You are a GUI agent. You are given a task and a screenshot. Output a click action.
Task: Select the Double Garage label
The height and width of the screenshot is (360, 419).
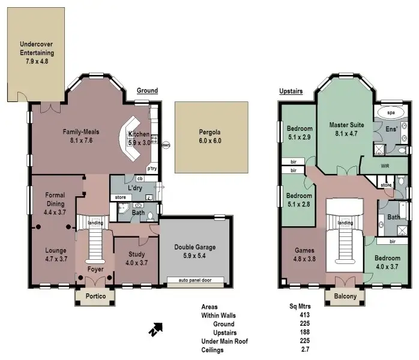click(x=194, y=251)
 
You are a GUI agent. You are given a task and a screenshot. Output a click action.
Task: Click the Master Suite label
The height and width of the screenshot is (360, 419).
click(x=344, y=130)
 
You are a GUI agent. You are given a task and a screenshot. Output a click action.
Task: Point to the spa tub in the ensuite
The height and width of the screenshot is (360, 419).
click(x=391, y=112)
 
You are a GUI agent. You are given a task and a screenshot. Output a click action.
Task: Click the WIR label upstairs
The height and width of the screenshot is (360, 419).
click(x=385, y=165)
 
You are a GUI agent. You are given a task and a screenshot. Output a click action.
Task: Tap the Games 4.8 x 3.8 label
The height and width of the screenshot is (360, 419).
click(x=304, y=254)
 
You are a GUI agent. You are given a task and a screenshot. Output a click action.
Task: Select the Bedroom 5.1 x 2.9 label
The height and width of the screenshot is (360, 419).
click(x=300, y=133)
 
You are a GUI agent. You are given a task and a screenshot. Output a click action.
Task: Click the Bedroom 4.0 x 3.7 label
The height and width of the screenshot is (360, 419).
click(x=387, y=262)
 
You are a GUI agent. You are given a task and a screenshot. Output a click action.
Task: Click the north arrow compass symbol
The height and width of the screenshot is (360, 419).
click(x=156, y=328)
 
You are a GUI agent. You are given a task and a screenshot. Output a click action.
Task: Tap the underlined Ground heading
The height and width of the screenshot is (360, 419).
click(x=147, y=91)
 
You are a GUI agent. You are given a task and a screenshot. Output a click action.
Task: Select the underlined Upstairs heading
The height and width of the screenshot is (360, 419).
click(x=291, y=91)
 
